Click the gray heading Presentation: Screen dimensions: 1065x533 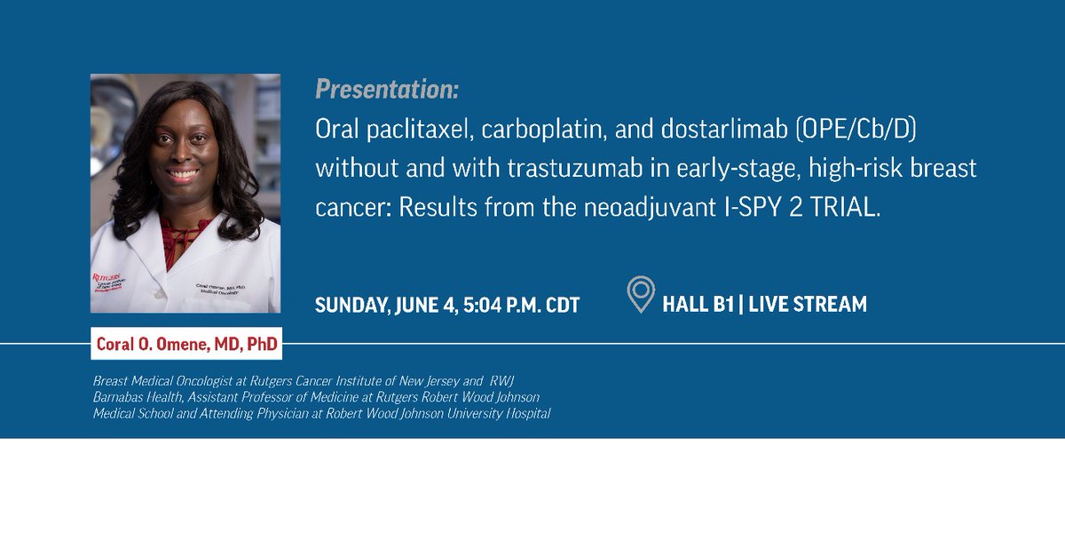click(x=387, y=90)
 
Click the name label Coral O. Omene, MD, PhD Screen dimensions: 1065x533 click(x=186, y=344)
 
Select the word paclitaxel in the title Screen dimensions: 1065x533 click(x=421, y=130)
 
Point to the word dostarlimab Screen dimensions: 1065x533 click(x=724, y=129)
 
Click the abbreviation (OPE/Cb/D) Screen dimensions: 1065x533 click(x=856, y=129)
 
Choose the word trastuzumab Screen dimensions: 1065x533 click(x=575, y=169)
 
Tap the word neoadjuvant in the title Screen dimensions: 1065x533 click(x=650, y=208)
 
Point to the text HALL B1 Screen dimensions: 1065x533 click(x=698, y=304)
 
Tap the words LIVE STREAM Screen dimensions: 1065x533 click(x=808, y=304)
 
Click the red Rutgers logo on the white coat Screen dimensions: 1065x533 click(x=108, y=282)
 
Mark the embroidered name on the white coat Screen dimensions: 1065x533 click(x=221, y=289)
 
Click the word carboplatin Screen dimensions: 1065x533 click(x=544, y=130)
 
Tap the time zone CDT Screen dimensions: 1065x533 click(x=563, y=305)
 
